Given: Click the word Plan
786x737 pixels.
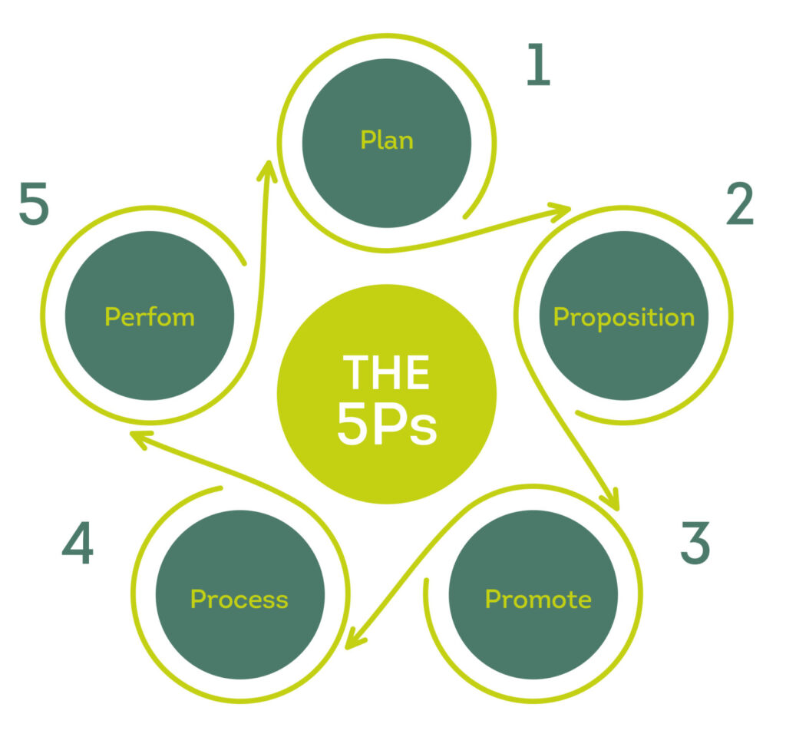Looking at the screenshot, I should (387, 140).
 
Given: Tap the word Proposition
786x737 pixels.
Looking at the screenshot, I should (623, 317).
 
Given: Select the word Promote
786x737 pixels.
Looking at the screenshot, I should (538, 599).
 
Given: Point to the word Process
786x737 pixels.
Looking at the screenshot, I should (239, 599).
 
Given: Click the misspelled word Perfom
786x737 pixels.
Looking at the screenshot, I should (150, 317).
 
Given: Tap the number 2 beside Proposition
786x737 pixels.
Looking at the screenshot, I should (740, 205).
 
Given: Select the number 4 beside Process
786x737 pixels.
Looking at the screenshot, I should (78, 544).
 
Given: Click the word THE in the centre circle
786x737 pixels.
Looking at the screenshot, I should (386, 373).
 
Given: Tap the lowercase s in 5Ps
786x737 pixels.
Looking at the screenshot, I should (424, 433).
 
